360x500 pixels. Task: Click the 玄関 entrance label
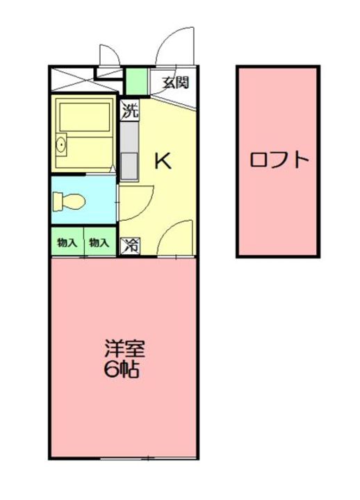[x=176, y=83]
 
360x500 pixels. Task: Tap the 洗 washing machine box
[x=130, y=110]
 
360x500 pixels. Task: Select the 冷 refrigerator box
[x=130, y=246]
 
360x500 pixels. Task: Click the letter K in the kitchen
[x=163, y=160]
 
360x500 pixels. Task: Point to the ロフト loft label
[x=279, y=160]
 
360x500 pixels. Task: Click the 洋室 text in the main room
[x=125, y=349]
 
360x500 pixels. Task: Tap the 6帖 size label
[x=122, y=369]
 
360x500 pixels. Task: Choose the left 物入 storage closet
[x=67, y=242]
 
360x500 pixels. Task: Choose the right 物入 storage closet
[x=99, y=242]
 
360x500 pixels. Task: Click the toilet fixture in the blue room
[x=69, y=201]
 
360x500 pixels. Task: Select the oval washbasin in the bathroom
[x=61, y=145]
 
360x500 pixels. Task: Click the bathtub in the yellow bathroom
[x=85, y=117]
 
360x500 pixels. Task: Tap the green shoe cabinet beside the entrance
[x=137, y=81]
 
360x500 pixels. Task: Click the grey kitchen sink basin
[x=129, y=166]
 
